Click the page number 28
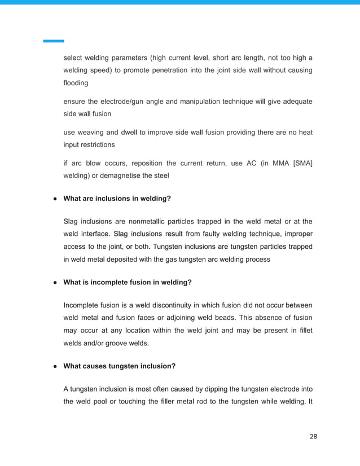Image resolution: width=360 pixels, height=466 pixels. [x=314, y=437]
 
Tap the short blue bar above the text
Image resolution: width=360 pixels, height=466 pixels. [x=54, y=41]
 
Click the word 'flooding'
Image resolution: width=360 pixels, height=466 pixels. [x=76, y=83]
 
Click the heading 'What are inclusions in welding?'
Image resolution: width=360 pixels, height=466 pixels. [x=117, y=199]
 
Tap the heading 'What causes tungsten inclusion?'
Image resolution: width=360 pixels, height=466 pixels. [x=119, y=366]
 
